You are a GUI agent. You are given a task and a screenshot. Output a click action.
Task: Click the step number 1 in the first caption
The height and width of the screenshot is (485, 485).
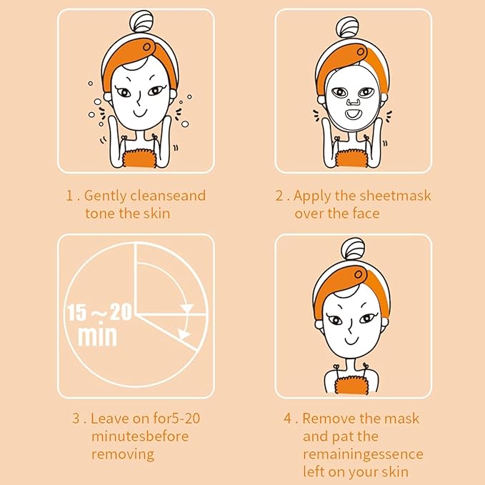coord(70,196)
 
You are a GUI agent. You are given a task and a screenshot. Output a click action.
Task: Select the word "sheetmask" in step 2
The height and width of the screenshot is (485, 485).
coord(399,196)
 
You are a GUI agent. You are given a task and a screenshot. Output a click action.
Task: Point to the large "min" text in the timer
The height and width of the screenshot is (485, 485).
coord(97,335)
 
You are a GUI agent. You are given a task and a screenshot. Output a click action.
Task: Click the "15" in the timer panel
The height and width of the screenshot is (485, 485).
coord(77,312)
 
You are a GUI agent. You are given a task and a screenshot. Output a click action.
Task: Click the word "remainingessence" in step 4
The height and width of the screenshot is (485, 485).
coord(363,454)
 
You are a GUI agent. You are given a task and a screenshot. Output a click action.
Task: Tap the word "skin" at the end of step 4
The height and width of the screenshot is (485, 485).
coord(404,472)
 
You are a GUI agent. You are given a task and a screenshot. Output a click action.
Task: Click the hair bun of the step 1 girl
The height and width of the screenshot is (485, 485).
coord(135,24)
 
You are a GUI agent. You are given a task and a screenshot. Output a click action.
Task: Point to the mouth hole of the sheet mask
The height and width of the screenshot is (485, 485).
coord(352,114)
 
